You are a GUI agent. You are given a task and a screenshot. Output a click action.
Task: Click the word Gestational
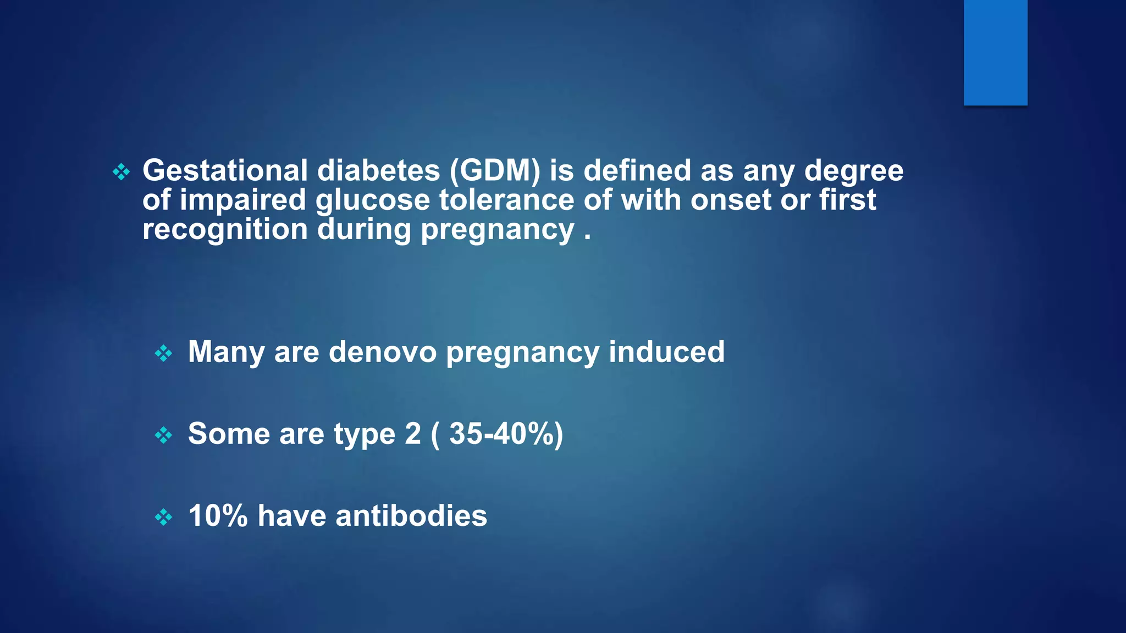point(225,170)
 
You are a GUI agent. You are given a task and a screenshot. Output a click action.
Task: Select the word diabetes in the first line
point(379,170)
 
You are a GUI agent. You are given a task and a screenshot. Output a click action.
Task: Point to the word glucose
point(372,200)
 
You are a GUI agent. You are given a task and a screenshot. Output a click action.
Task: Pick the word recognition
point(225,229)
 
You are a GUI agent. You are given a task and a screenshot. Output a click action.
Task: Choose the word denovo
point(383,352)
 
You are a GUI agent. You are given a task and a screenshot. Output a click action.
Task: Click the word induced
point(666,352)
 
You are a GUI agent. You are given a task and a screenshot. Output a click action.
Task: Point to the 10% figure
point(218,516)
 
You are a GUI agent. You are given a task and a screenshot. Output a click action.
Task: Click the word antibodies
point(411,516)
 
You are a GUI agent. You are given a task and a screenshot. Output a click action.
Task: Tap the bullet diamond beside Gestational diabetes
point(121,172)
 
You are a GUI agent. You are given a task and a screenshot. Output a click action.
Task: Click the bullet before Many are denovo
point(164,353)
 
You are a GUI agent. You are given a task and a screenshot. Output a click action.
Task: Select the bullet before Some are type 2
point(164,436)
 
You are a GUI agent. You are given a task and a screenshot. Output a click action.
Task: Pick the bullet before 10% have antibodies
point(164,517)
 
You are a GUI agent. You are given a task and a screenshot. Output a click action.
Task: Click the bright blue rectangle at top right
point(995,52)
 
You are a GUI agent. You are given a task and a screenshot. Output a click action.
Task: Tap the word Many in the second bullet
point(226,353)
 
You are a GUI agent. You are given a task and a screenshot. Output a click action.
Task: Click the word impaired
point(242,200)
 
